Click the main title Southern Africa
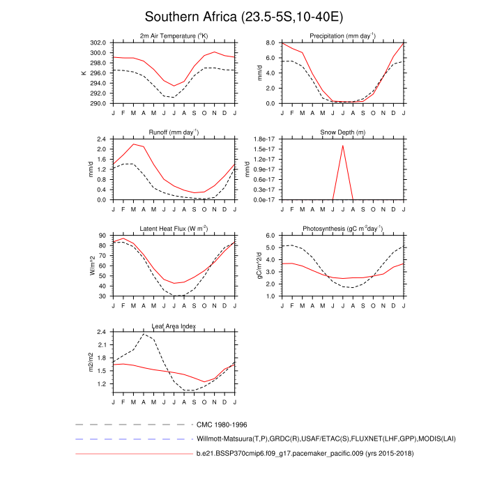(x=243, y=16)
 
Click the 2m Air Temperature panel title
(x=174, y=36)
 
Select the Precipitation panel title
(x=342, y=36)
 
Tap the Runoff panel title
(x=174, y=132)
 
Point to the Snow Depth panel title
(x=342, y=132)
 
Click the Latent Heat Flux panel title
(x=174, y=229)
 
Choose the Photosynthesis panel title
(x=342, y=229)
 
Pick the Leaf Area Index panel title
(x=174, y=326)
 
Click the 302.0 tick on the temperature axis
(x=98, y=43)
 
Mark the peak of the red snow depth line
(x=342, y=146)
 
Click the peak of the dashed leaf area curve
(x=144, y=335)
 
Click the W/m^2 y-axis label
(x=91, y=266)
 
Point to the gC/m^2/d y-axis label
(x=259, y=266)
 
